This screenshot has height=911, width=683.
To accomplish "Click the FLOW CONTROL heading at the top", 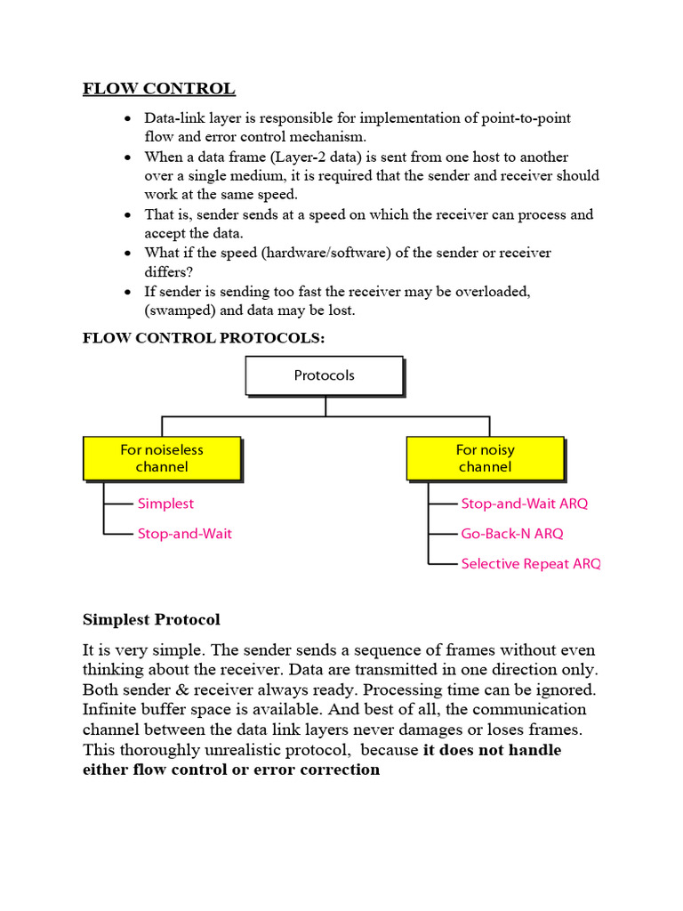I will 159,88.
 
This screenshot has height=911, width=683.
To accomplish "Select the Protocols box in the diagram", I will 324,375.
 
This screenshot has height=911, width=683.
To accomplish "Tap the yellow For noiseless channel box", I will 162,458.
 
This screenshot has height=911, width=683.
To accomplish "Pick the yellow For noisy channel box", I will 485,458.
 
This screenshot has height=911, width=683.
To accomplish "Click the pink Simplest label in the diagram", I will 165,504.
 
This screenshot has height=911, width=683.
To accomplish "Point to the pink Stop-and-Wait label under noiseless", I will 184,534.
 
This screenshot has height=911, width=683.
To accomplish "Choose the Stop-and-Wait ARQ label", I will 524,504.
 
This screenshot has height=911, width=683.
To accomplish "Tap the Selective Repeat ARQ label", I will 530,564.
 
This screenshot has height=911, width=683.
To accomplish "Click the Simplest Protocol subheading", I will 151,619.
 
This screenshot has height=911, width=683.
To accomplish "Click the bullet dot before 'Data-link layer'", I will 129,119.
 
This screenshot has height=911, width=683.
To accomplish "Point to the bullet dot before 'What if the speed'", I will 129,254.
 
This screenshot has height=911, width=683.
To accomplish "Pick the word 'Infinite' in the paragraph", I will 110,710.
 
